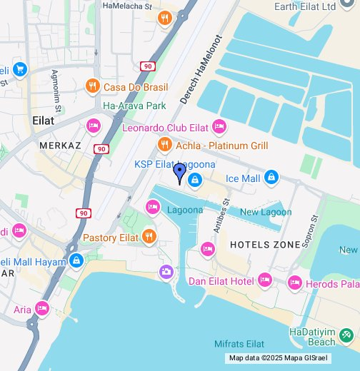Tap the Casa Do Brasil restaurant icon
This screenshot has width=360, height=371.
pos(92,87)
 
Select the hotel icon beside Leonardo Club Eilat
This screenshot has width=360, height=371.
pos(219,128)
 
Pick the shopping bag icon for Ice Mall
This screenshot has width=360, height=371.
pos(271,177)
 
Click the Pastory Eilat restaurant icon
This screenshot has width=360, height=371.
pos(149,237)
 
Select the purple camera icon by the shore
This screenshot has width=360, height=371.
pos(166,272)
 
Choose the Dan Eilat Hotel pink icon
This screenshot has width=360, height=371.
pos(265,280)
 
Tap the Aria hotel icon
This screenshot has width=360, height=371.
pos(42,309)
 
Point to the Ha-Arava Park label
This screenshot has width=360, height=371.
pos(134,106)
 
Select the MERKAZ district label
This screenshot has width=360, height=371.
pos(61,145)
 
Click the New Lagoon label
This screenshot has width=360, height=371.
pos(266,212)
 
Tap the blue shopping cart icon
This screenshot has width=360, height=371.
pos(19,69)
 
